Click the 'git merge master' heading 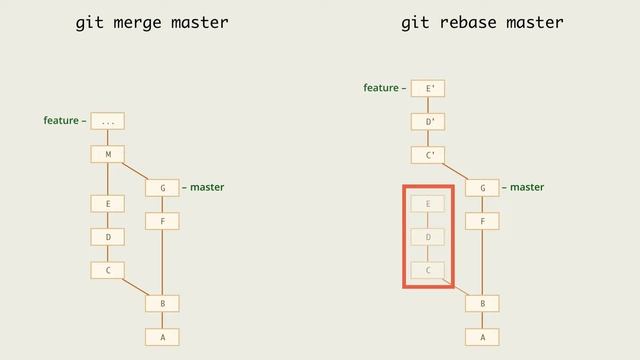pos(152,22)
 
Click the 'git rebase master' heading pos(482,22)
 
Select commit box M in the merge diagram pos(107,154)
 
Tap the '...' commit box pos(107,121)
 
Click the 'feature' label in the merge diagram pos(61,121)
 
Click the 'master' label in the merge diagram pos(207,187)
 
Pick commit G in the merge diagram pos(162,188)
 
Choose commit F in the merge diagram pos(162,221)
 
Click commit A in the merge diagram pos(162,337)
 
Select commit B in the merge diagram pos(162,303)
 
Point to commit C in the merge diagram pos(107,270)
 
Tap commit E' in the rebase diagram pos(428,89)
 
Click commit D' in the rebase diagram pos(428,122)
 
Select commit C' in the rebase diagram pos(428,155)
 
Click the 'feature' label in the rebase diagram pos(381,89)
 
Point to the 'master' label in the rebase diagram pos(527,187)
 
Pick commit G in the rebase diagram pos(482,188)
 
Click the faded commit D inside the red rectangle pos(428,237)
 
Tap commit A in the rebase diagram pos(482,337)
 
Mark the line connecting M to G pos(135,171)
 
